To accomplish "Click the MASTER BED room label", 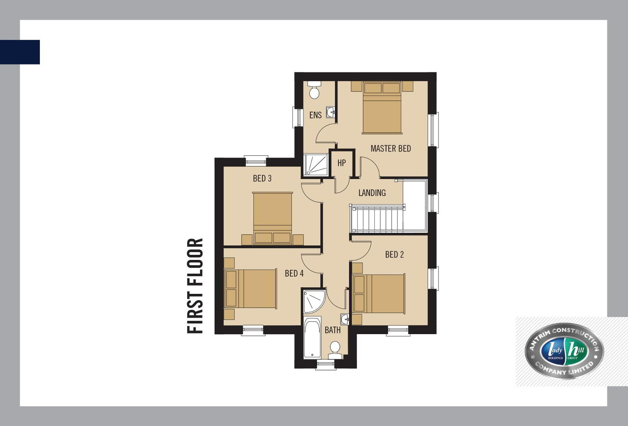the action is click(391, 148).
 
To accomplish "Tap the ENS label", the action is click(316, 115).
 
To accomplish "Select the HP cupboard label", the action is click(342, 163).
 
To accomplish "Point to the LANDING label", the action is click(372, 193).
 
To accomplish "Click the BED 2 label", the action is click(394, 254).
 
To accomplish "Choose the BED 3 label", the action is click(262, 178).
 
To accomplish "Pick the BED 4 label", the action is click(294, 273).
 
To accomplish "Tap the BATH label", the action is click(333, 330).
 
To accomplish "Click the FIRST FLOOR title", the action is click(195, 286).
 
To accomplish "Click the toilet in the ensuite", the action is click(314, 90).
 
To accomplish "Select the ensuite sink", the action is click(331, 112).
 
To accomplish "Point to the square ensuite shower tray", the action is click(316, 165).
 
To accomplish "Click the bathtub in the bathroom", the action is click(312, 338).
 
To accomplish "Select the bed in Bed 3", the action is click(273, 218).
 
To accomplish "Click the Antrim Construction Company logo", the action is click(564, 351).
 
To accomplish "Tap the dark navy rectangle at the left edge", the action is click(20, 52).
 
